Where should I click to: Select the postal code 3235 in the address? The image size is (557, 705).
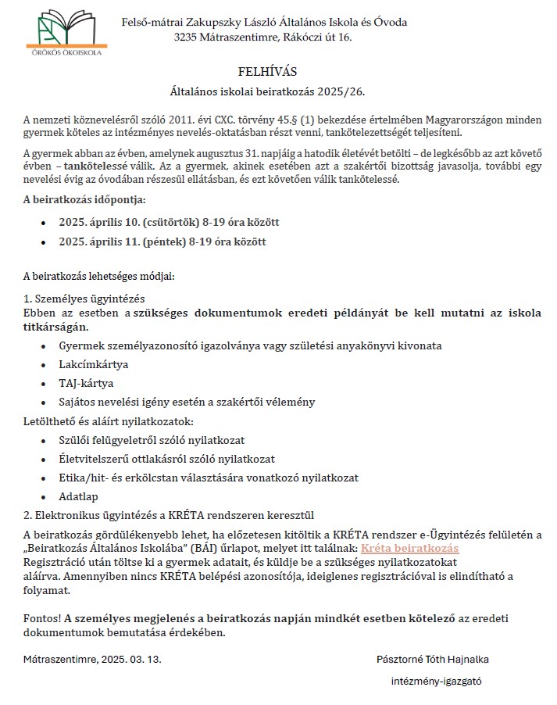tap(187, 37)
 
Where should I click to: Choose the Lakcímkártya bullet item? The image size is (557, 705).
tap(94, 364)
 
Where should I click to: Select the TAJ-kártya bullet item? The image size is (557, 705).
tap(86, 383)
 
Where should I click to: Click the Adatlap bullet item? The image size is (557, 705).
tap(79, 496)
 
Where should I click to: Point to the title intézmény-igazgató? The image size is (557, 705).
tap(436, 681)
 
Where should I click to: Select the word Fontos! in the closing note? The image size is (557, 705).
tap(42, 617)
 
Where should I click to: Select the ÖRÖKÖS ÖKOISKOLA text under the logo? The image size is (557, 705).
tap(67, 53)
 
